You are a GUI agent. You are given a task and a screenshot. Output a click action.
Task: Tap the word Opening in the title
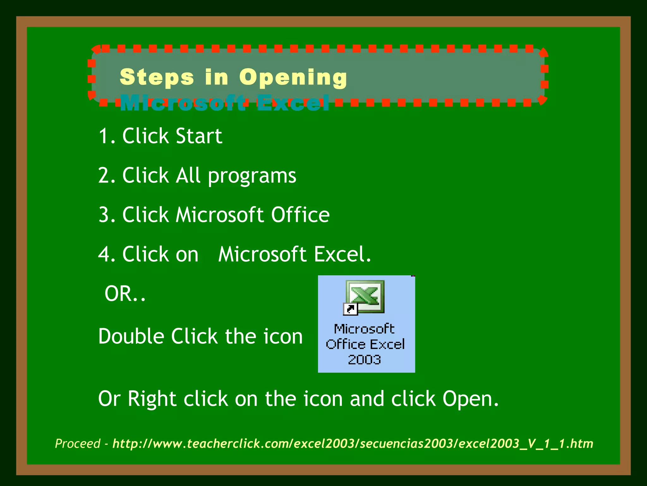tap(293, 78)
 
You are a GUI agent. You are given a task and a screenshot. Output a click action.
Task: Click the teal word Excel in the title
tap(293, 103)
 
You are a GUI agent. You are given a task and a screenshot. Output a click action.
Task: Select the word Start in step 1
tap(199, 136)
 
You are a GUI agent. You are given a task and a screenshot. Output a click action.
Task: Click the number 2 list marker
tap(104, 176)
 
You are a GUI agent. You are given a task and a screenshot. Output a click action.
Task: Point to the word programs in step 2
tap(252, 176)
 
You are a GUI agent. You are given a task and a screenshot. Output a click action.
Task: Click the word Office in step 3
tap(300, 215)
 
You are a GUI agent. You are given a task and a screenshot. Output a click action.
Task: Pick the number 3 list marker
tap(104, 215)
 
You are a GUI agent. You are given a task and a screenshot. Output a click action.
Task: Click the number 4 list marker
tap(104, 254)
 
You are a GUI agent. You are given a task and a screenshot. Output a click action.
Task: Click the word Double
tap(131, 336)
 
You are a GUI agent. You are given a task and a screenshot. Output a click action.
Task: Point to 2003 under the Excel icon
tap(365, 360)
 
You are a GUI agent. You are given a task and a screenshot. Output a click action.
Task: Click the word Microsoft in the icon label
tap(364, 329)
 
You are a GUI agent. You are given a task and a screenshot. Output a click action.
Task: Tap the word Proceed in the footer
tap(78, 444)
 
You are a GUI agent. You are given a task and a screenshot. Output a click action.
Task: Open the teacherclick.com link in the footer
tap(353, 444)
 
